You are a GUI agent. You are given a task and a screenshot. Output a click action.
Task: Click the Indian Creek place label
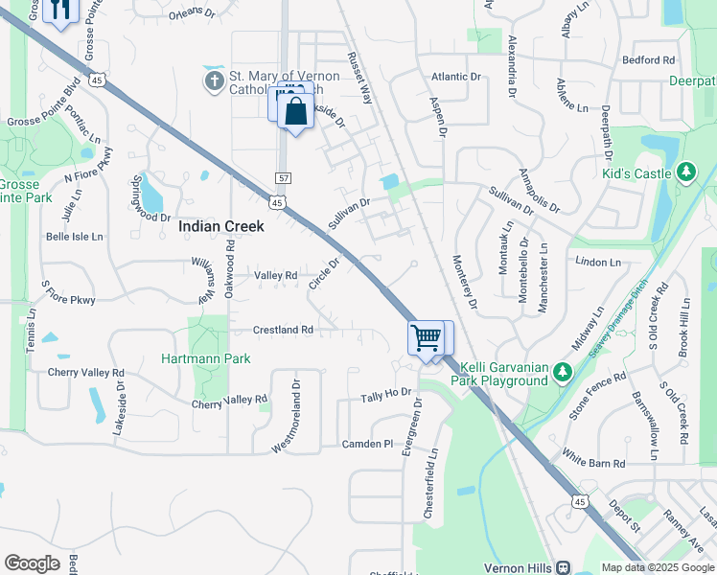coord(221,227)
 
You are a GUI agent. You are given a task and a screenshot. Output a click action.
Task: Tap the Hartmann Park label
coord(207,358)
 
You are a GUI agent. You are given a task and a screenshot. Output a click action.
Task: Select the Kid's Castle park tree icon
coord(685,172)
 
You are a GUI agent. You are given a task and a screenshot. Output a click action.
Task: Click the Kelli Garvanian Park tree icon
coord(564,371)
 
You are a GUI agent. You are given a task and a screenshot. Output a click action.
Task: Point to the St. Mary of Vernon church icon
coord(214,81)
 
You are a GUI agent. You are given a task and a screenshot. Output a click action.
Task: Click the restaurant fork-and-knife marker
coord(60,10)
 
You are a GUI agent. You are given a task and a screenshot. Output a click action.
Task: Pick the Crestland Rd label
coord(283,330)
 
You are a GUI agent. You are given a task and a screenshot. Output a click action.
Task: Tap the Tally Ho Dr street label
coord(385,395)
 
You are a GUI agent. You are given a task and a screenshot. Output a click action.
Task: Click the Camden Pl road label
coord(368,445)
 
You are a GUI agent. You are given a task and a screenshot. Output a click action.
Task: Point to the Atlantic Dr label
coord(455,77)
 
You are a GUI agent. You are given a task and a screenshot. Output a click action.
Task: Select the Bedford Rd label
coord(648,59)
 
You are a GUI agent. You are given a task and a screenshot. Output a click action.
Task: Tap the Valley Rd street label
coord(275,276)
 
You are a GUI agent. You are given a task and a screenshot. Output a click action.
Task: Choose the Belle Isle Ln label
coord(75,236)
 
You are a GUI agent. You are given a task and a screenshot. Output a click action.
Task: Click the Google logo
coord(32,563)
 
